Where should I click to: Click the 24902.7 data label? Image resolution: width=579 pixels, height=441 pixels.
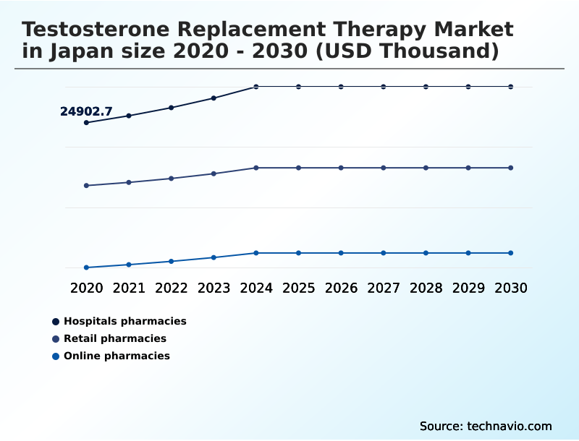pos(86,111)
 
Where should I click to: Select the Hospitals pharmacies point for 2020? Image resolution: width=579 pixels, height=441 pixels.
pos(86,123)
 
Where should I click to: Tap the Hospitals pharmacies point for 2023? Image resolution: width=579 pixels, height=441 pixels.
pos(214,98)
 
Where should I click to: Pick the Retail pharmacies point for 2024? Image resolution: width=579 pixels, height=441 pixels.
pos(256,168)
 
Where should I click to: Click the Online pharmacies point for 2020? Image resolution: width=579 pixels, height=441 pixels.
pos(86,267)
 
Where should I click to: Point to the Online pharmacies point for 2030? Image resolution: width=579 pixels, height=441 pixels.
pos(510,253)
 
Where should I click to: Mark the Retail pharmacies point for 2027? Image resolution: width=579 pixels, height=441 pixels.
pos(384,168)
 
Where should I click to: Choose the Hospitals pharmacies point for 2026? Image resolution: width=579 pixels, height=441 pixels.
pos(341,87)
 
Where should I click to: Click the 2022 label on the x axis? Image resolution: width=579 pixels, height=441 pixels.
pos(172,288)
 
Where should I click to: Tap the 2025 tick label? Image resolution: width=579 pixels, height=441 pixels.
pos(298,288)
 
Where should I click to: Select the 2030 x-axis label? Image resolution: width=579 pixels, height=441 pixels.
pos(510,288)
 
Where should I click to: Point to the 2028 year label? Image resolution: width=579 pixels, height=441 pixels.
pos(426,288)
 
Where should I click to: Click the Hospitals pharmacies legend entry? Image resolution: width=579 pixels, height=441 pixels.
pos(124,321)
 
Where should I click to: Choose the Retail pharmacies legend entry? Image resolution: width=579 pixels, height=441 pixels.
pos(114,338)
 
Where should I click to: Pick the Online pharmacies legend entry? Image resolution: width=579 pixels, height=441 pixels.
pos(117,356)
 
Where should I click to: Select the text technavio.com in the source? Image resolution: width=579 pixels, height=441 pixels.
pos(510,426)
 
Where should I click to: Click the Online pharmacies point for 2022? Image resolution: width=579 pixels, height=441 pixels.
pos(172,261)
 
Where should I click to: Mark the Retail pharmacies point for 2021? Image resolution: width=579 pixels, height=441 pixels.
pos(129,182)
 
